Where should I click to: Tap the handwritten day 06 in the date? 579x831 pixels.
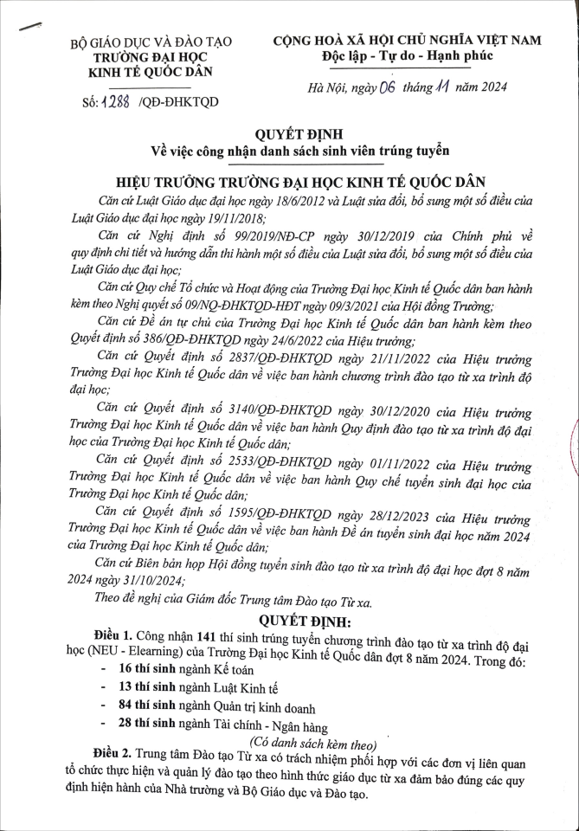[x=386, y=85]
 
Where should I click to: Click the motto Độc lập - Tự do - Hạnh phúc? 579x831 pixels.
[x=406, y=55]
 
